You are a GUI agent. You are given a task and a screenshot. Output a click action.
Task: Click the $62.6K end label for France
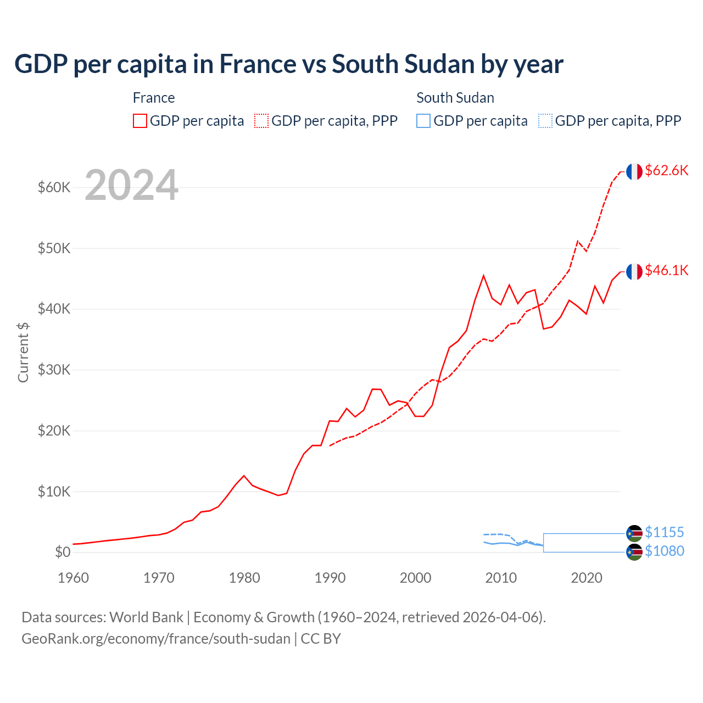(666, 170)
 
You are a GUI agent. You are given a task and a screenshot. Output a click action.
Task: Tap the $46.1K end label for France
(666, 270)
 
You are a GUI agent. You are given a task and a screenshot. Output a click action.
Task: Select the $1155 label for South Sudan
(664, 532)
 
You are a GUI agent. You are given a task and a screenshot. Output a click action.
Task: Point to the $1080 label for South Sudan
(664, 551)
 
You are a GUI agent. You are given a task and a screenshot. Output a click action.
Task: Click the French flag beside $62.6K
(634, 171)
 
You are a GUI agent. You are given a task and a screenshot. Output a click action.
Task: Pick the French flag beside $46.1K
(634, 271)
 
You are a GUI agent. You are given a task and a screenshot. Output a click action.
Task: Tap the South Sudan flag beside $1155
(634, 533)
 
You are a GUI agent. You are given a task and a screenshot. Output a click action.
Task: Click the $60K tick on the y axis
(54, 187)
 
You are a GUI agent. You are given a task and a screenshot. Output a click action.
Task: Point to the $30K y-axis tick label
(54, 370)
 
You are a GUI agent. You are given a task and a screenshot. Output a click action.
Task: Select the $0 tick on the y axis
(63, 552)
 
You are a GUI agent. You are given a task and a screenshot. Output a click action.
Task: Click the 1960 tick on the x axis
(73, 578)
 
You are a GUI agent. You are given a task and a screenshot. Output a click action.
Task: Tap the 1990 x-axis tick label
(330, 578)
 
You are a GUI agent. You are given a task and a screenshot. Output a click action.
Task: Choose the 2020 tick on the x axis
(587, 578)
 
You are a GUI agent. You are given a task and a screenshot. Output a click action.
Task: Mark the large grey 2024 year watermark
(131, 185)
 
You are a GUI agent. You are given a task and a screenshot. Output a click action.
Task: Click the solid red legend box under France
(140, 121)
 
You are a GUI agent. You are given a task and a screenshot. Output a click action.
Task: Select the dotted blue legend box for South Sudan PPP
(545, 121)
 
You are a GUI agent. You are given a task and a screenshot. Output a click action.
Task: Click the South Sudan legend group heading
(455, 98)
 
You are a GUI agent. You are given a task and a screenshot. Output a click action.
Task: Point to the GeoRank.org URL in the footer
(156, 639)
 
